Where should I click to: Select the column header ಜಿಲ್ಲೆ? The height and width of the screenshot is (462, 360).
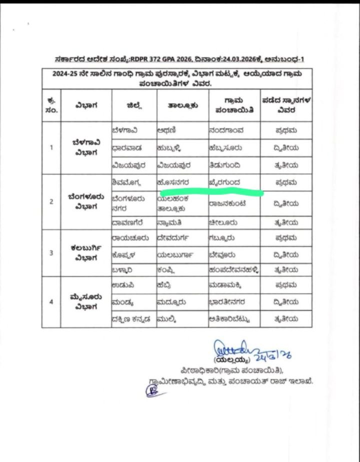[x=133, y=105]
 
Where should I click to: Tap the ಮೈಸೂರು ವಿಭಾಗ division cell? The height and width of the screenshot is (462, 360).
[x=85, y=302]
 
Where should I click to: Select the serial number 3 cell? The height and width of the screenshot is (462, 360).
[x=51, y=253]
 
